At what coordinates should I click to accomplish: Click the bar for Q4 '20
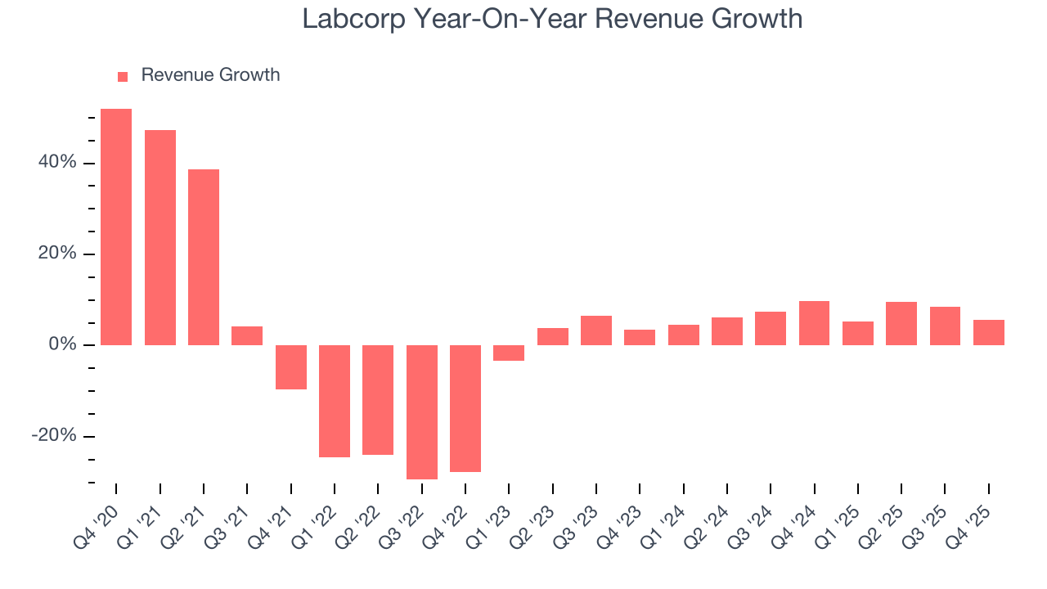coord(116,227)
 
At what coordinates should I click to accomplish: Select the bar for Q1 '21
coord(160,237)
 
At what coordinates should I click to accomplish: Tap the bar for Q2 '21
coord(204,257)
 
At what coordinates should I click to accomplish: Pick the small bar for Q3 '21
coord(247,335)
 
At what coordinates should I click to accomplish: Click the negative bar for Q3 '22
coord(422,411)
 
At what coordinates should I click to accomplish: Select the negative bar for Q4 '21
coord(291,366)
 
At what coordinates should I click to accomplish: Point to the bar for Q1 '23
coord(509,353)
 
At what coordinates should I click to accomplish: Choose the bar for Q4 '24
coord(815,323)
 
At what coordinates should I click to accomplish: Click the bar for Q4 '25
coord(989,332)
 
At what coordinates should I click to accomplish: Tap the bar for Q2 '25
coord(901,323)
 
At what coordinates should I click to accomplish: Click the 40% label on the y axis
coord(57,163)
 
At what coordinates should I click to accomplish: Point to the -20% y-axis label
coord(54,436)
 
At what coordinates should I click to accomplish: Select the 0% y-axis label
coord(62,344)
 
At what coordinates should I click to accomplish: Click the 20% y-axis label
coord(57,254)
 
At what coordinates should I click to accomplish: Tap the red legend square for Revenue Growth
coord(123,76)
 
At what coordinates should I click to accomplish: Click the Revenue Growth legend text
coord(210,75)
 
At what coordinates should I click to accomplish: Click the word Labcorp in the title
coord(353,19)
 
